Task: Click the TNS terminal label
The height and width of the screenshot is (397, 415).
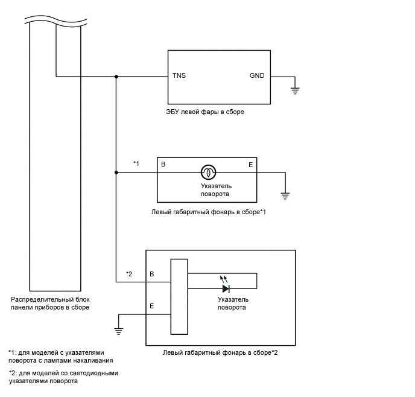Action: [x=179, y=76]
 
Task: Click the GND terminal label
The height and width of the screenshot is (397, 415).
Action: [x=257, y=76]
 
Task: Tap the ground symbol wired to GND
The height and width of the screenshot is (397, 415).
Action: [x=296, y=91]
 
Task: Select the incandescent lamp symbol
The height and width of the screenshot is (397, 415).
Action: [x=208, y=173]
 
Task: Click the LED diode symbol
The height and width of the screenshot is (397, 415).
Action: [x=227, y=288]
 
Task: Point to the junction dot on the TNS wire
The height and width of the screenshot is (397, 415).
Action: [x=116, y=77]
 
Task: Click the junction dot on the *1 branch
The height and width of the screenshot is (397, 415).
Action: [x=116, y=173]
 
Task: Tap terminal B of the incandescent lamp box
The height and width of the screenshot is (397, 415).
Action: [x=162, y=164]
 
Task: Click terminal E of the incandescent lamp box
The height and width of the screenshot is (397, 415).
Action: [x=251, y=164]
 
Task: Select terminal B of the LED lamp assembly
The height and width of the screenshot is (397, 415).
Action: [x=152, y=274]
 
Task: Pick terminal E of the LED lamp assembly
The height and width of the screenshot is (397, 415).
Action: [x=152, y=306]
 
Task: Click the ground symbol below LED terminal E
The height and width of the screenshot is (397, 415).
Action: [x=119, y=329]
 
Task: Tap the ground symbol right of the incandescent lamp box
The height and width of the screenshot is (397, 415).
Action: [x=286, y=194]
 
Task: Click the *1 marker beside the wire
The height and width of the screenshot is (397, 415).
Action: [x=136, y=164]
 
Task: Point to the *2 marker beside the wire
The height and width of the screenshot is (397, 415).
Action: [x=129, y=274]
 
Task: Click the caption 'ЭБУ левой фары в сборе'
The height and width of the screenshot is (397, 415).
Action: [x=205, y=112]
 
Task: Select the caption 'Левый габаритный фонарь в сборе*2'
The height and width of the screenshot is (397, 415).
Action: [x=221, y=352]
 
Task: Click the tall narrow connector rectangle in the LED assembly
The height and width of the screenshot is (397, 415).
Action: [x=179, y=296]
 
